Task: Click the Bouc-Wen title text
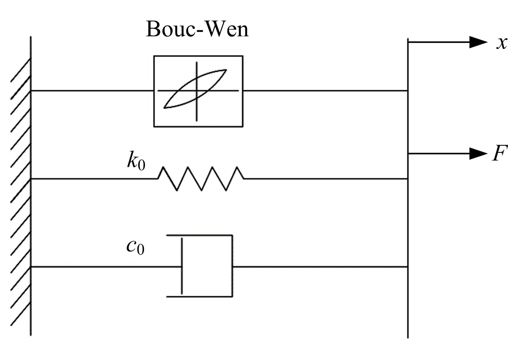[x=197, y=30]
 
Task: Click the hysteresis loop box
[x=198, y=91]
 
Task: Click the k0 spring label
[x=136, y=161]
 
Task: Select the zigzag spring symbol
[x=201, y=178]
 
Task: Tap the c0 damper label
[x=135, y=247]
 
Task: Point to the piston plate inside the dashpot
[x=182, y=266]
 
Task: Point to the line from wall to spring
[x=93, y=178]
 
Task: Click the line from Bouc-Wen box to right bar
[x=324, y=91]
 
